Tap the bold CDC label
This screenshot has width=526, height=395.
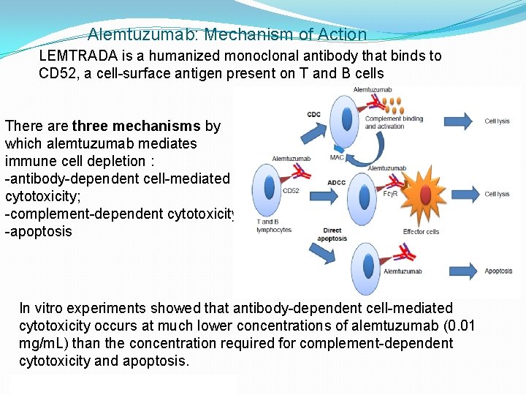pos(313,114)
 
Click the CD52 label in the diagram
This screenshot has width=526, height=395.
pos(290,192)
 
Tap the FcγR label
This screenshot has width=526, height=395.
pos(390,194)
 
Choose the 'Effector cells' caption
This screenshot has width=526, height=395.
pos(421,232)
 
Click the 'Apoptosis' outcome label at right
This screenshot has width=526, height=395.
pos(498,271)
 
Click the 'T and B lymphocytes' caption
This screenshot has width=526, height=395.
pos(274,225)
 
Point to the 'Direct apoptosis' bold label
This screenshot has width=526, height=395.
pos(332,235)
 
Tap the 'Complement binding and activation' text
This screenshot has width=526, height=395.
pos(394,122)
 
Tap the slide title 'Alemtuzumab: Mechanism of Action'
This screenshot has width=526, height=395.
pos(227,34)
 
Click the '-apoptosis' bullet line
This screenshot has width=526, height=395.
pos(39,231)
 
